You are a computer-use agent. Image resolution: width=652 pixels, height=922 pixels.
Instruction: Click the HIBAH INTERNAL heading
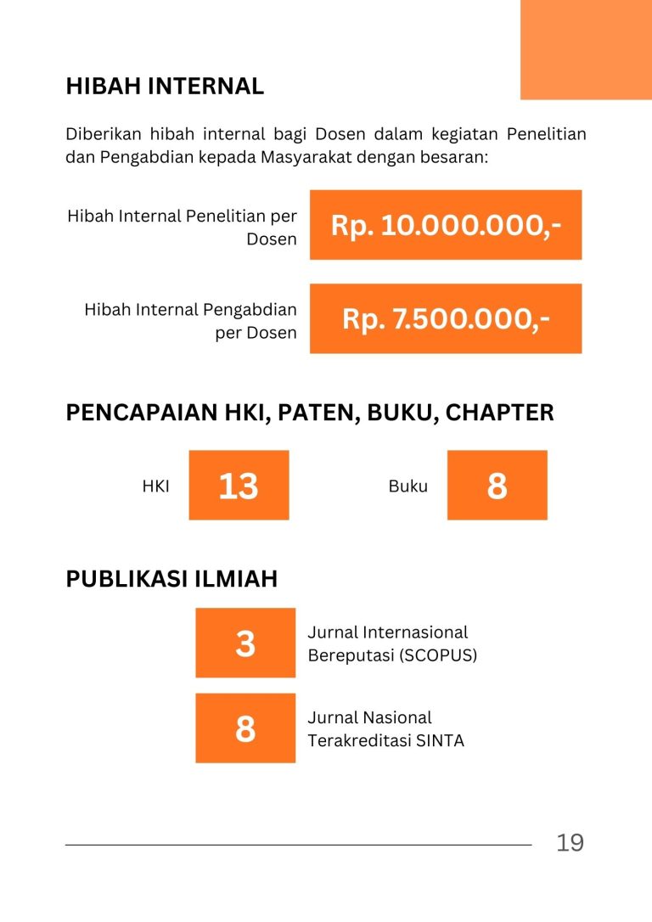click(165, 87)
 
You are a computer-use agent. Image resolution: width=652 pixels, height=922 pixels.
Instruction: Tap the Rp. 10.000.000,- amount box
click(446, 225)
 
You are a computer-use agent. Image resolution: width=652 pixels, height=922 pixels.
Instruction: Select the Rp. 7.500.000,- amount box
click(446, 318)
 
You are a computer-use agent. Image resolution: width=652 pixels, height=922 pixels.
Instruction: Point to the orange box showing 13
click(239, 486)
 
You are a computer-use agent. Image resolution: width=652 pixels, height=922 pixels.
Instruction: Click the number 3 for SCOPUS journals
click(245, 643)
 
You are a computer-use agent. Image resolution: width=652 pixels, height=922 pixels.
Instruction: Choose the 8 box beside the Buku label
click(497, 486)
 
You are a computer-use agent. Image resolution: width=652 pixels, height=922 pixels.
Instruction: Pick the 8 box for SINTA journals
click(245, 728)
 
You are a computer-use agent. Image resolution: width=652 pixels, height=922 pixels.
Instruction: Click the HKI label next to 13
click(156, 486)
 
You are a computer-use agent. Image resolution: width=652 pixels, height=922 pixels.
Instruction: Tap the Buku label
click(408, 486)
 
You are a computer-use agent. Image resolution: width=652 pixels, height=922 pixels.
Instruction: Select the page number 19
click(570, 843)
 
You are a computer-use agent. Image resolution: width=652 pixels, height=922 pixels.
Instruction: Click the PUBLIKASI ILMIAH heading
click(171, 579)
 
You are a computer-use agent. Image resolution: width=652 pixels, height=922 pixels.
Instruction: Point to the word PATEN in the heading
click(310, 413)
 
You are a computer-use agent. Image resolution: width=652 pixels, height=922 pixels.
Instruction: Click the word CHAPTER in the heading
click(499, 413)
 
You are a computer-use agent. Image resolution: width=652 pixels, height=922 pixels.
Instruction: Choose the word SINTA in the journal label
click(440, 740)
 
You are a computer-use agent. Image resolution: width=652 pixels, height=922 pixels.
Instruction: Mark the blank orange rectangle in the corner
click(586, 49)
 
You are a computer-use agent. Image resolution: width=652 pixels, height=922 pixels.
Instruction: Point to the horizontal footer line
click(298, 845)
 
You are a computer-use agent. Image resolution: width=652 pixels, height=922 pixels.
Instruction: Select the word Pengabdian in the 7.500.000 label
click(250, 310)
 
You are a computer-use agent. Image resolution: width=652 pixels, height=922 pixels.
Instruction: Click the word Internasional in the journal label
click(415, 632)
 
